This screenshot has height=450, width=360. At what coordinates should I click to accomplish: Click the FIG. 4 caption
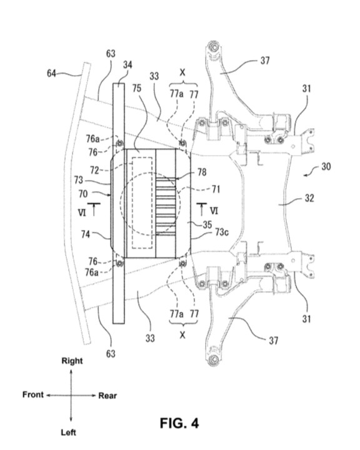[x=179, y=423]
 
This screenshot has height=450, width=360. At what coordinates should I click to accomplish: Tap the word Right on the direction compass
[x=72, y=361]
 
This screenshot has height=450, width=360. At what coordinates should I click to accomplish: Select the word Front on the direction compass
[x=33, y=394]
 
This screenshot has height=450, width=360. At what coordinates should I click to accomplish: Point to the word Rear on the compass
[x=107, y=396]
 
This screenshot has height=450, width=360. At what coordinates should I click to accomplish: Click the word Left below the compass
[x=68, y=432]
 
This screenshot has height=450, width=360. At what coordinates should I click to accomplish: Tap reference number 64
[x=51, y=74]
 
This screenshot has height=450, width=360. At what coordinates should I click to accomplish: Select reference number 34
[x=127, y=65]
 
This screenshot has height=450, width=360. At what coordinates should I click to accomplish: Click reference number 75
[x=137, y=88]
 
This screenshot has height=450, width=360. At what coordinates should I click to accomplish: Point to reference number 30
[x=326, y=166]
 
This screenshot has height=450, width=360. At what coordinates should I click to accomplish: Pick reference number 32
[x=309, y=198]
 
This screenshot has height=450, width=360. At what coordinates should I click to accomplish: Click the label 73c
[x=222, y=232]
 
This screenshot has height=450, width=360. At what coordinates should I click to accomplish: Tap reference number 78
[x=202, y=172]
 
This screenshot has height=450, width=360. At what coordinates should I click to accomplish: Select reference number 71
[x=216, y=189]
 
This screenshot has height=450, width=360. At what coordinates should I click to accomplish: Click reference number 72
[x=94, y=170]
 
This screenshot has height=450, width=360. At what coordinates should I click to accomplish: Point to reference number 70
[x=83, y=194]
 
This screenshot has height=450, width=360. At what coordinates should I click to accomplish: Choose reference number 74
[x=86, y=234]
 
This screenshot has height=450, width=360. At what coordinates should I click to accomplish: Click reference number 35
[x=207, y=225]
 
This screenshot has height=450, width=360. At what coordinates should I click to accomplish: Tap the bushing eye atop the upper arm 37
[x=214, y=47]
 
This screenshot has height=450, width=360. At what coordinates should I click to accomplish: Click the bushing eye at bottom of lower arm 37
[x=214, y=359]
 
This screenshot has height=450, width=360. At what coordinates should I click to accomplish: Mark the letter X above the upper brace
[x=182, y=72]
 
